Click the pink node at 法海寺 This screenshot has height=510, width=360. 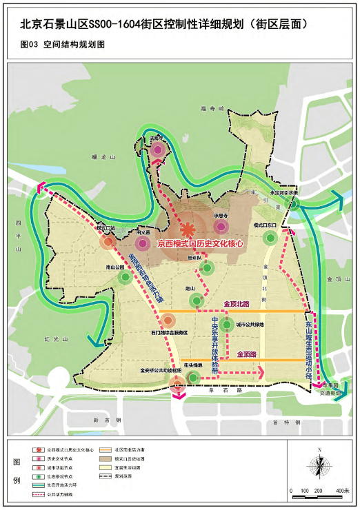click(x=158, y=150)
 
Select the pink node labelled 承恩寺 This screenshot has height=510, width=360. click(x=221, y=226)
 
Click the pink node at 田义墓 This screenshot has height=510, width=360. click(x=143, y=243)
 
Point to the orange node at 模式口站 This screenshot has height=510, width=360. click(x=107, y=242)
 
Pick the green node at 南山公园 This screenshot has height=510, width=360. click(x=124, y=277)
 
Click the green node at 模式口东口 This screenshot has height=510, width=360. click(x=270, y=238)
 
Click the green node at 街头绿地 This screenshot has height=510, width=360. click(x=194, y=377)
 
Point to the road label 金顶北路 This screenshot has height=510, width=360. click(x=237, y=303)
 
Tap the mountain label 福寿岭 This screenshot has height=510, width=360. click(x=208, y=108)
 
